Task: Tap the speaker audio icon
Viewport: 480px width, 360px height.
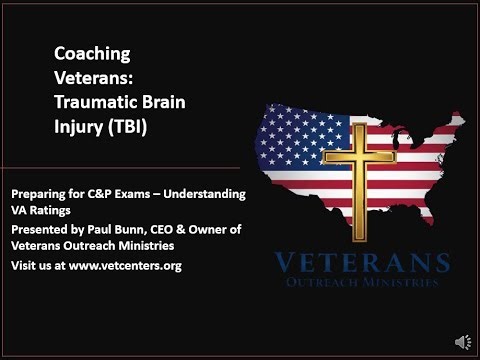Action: (462, 342)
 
